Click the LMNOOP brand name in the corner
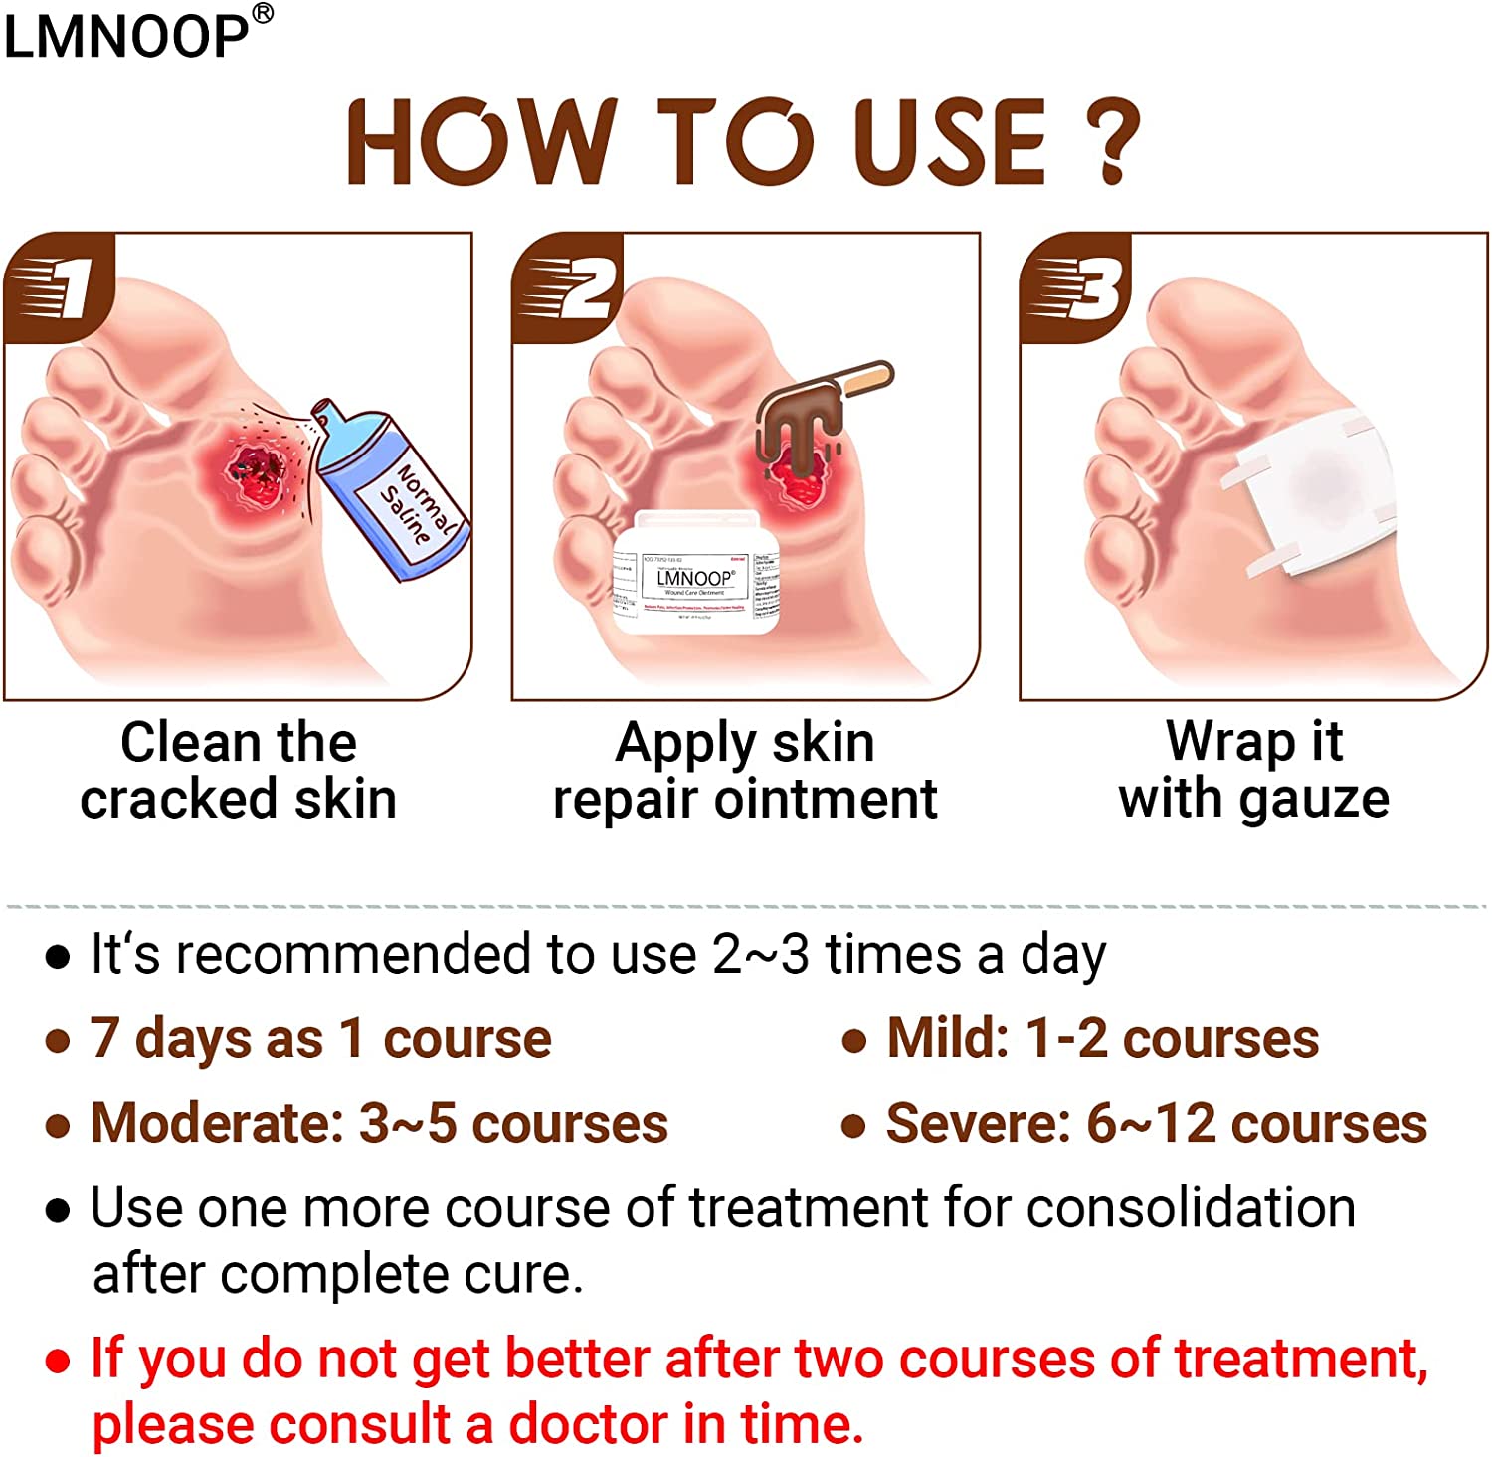[x=127, y=36]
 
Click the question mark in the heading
[x=1112, y=140]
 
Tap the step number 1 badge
[x=62, y=288]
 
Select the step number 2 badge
[x=569, y=288]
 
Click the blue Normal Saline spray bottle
[x=393, y=487]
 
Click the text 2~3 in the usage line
[x=760, y=955]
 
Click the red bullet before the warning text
[x=58, y=1361]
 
